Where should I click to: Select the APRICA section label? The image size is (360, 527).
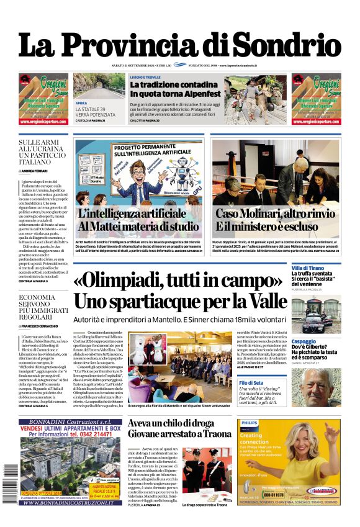click(81, 103)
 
